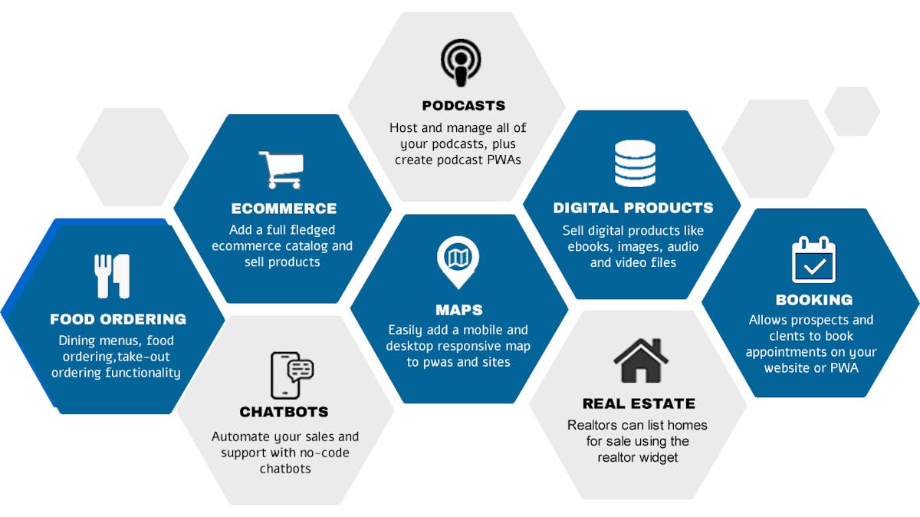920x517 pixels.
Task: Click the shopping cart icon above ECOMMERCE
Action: point(281,170)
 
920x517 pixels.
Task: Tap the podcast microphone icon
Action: point(461,62)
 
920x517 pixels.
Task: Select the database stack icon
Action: point(635,163)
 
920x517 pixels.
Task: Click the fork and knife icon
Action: point(113,275)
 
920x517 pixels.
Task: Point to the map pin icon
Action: point(458,262)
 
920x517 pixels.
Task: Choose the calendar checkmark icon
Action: point(813,260)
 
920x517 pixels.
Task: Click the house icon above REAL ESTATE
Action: point(640,361)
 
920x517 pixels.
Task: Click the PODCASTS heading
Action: point(463,106)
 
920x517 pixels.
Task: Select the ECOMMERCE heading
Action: point(284,209)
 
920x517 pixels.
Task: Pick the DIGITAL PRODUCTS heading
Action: point(633,208)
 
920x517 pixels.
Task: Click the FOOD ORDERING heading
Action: point(118,319)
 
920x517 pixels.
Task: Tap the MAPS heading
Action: point(459,310)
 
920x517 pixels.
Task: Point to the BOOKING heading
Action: point(813,300)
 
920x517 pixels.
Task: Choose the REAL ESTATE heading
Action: point(639,403)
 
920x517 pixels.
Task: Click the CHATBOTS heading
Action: point(284,412)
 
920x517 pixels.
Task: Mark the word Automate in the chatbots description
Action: point(239,436)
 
